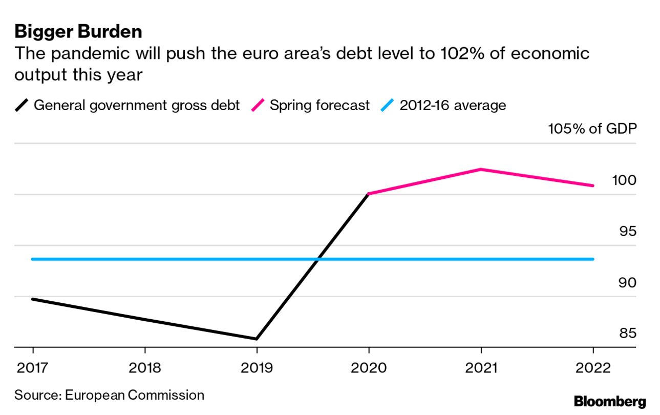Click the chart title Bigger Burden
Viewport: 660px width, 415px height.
[78, 32]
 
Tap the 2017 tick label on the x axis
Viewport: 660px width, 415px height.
[33, 368]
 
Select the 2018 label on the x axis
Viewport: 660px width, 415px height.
[145, 368]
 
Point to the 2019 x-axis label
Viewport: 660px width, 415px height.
[257, 368]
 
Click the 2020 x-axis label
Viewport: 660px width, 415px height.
[369, 368]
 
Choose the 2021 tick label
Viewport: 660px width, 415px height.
[481, 368]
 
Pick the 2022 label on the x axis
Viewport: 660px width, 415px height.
[593, 368]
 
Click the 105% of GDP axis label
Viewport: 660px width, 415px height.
[592, 129]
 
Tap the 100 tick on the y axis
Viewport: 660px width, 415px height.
[624, 180]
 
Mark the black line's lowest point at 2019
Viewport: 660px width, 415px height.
[257, 339]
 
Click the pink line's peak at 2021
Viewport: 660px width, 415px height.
[481, 169]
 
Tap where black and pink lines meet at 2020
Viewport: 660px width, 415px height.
[369, 194]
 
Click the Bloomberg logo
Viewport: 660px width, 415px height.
[610, 402]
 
